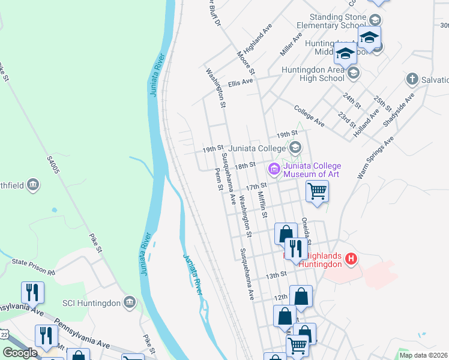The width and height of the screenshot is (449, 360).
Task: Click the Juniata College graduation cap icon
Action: [295, 147]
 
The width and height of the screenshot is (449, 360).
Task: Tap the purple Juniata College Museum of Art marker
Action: [275, 170]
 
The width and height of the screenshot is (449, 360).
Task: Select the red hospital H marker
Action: [352, 260]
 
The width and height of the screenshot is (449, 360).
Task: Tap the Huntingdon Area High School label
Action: [313, 74]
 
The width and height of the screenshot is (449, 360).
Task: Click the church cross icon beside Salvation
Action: [412, 79]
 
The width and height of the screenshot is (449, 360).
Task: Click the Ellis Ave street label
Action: [240, 82]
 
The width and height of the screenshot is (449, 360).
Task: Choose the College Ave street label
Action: [309, 116]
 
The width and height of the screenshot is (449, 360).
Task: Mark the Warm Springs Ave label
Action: [375, 157]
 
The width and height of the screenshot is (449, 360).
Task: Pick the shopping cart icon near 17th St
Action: [317, 192]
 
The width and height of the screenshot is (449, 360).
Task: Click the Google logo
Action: [20, 353]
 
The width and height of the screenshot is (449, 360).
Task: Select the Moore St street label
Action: [246, 64]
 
